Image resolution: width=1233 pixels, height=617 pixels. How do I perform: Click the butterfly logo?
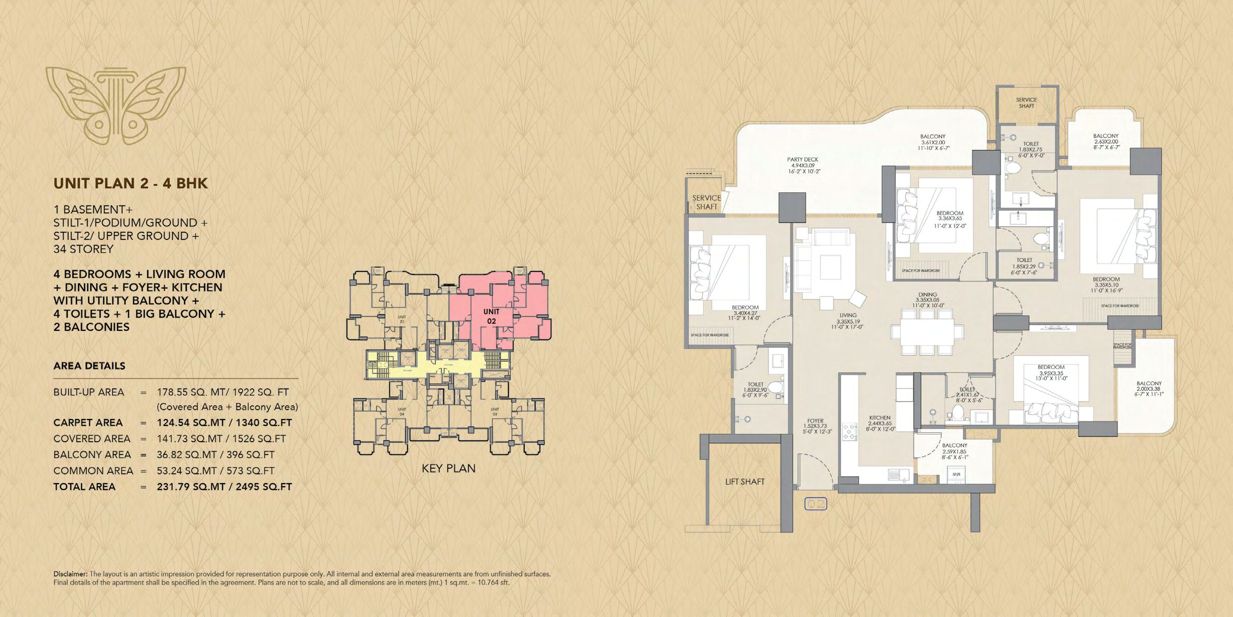[x=115, y=104]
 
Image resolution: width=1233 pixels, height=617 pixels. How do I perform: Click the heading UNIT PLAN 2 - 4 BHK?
[x=130, y=184]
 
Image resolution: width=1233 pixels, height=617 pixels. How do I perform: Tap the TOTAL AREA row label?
[x=84, y=487]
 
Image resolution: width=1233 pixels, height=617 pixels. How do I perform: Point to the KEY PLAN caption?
[x=448, y=468]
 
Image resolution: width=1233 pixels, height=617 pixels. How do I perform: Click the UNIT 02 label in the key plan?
[x=491, y=316]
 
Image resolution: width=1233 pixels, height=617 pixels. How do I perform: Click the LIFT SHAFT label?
[x=744, y=482]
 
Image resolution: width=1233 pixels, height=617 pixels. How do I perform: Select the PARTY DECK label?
[x=803, y=160]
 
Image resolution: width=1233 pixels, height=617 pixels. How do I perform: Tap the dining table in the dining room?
[x=927, y=331]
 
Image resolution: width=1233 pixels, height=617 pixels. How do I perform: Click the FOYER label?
[x=815, y=421]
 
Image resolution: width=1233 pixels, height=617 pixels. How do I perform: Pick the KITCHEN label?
[x=880, y=417]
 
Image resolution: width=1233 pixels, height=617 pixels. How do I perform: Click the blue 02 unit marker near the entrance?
[x=816, y=504]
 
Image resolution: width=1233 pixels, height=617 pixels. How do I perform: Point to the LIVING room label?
[x=848, y=315]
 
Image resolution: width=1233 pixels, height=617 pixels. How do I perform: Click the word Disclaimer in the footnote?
[x=70, y=574]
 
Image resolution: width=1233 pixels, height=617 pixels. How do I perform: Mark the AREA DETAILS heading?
[x=89, y=366]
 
